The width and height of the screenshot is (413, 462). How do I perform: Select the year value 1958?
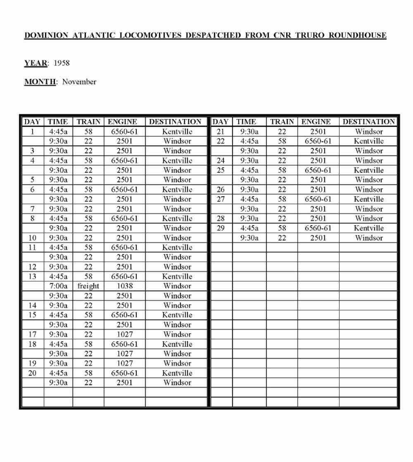point(62,63)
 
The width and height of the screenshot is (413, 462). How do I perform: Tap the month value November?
point(79,82)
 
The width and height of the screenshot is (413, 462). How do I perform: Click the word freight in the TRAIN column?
point(88,286)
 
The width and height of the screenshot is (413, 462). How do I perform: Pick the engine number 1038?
point(124,286)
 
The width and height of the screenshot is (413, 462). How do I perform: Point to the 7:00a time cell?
point(58,286)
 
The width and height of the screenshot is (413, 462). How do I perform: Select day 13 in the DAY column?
point(32,276)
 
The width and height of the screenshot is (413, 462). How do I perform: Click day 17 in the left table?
point(32,334)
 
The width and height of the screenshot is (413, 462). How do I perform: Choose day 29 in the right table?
point(221,228)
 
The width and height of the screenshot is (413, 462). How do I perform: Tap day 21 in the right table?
point(221,132)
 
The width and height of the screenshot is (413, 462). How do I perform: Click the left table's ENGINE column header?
point(122,122)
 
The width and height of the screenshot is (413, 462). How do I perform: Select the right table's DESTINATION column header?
point(369,122)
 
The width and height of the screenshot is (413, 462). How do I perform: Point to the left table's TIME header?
point(58,122)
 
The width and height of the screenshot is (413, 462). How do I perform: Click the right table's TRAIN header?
point(282,122)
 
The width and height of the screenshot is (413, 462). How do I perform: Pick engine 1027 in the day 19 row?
point(124,363)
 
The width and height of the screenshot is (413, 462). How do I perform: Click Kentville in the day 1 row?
point(177,132)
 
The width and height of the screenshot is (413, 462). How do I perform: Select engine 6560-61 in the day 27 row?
point(318,199)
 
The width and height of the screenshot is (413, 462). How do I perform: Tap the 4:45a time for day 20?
point(58,373)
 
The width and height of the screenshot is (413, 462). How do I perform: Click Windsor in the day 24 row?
point(369,160)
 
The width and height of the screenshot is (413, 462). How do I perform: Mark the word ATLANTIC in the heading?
point(94,35)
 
